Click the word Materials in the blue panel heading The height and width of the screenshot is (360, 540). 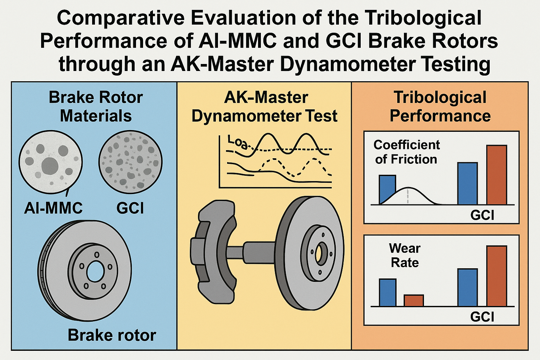coord(96,116)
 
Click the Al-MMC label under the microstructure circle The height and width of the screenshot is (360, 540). coord(53,208)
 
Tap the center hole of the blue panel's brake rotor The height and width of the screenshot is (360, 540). coord(95,272)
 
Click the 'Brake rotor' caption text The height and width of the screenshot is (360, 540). coord(112,335)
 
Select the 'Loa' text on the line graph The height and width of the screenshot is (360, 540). coord(236,141)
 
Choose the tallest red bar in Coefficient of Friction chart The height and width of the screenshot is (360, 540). coord(496,175)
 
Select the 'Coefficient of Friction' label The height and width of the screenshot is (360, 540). coord(406,152)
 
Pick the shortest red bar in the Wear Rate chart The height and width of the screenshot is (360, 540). coord(414,301)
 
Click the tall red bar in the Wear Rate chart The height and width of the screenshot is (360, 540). coord(496,276)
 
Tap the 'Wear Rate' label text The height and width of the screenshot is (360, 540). coord(405,256)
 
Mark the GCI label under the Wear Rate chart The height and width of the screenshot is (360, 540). coord(482,317)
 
